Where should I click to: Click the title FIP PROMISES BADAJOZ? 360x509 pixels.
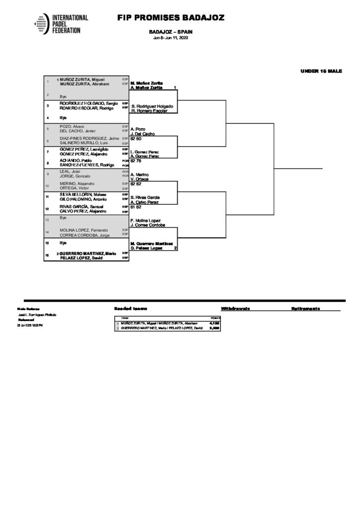171,18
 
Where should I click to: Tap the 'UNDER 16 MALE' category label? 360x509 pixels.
321,71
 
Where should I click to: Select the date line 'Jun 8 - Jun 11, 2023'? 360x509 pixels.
171,37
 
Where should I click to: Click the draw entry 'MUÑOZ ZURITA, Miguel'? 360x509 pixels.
82,80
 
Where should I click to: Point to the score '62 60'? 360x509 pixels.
136,139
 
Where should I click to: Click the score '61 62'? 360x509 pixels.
136,207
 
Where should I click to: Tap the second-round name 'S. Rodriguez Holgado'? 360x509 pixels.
152,106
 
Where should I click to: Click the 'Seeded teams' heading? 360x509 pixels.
130,309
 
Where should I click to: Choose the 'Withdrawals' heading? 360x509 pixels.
235,309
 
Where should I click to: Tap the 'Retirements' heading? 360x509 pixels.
305,309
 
